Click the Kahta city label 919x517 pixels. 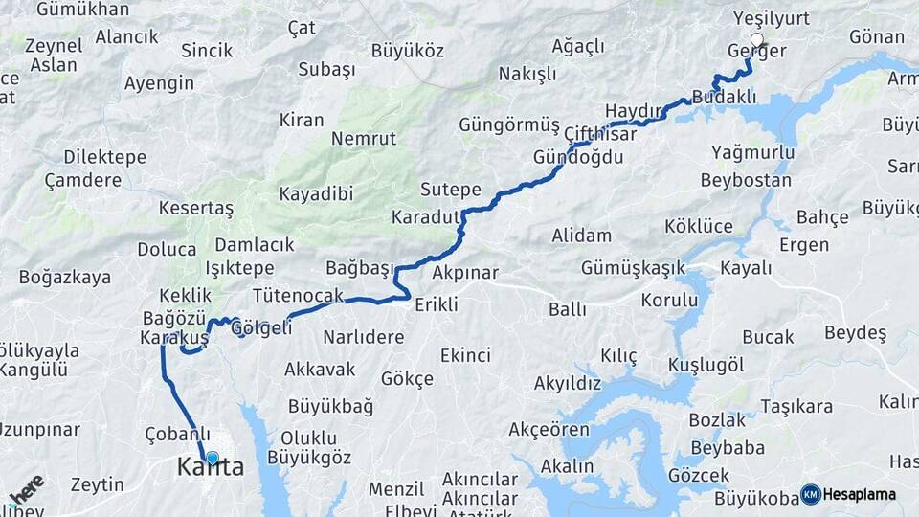pyautogui.click(x=211, y=468)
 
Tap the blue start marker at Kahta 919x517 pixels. pyautogui.click(x=212, y=459)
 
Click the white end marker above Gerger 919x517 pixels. pyautogui.click(x=757, y=40)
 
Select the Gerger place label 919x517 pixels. pyautogui.click(x=757, y=52)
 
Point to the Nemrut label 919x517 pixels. pyautogui.click(x=364, y=139)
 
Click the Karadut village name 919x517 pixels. pyautogui.click(x=426, y=217)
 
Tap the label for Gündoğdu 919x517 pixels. pyautogui.click(x=578, y=156)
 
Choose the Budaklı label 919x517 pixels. pyautogui.click(x=724, y=98)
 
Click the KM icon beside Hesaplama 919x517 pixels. pyautogui.click(x=811, y=494)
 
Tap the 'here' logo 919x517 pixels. pyautogui.click(x=26, y=488)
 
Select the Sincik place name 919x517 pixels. pyautogui.click(x=207, y=50)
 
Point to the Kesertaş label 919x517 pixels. pyautogui.click(x=196, y=208)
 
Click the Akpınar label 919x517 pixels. pyautogui.click(x=465, y=273)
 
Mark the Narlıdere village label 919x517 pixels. pyautogui.click(x=363, y=337)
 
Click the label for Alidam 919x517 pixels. pyautogui.click(x=581, y=236)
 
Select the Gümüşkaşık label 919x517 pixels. pyautogui.click(x=633, y=267)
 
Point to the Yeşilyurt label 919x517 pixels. pyautogui.click(x=771, y=18)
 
